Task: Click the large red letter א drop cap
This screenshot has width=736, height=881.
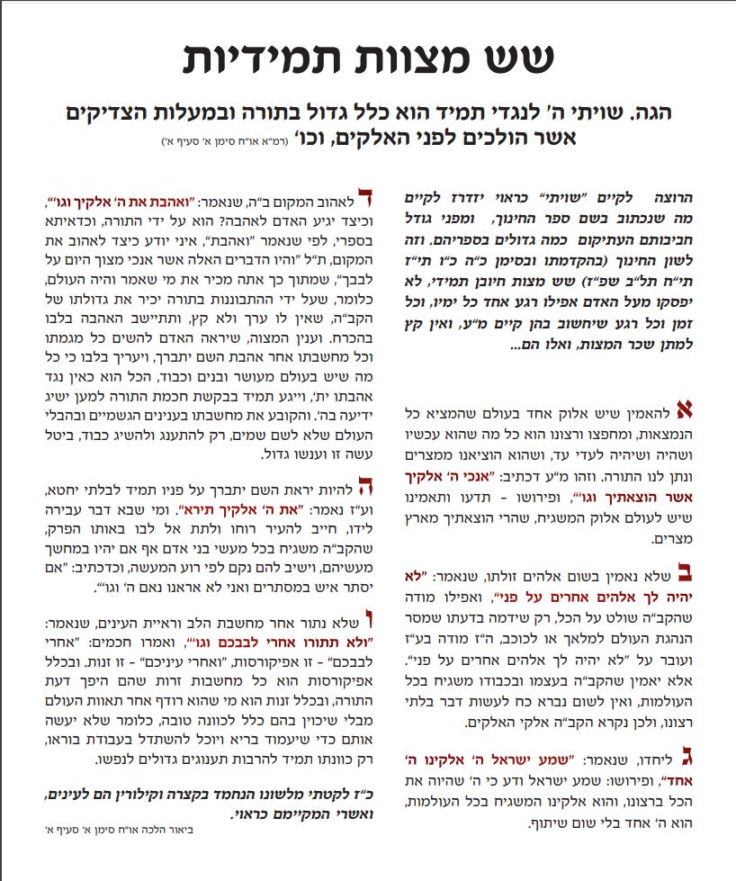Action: pos(684,411)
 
